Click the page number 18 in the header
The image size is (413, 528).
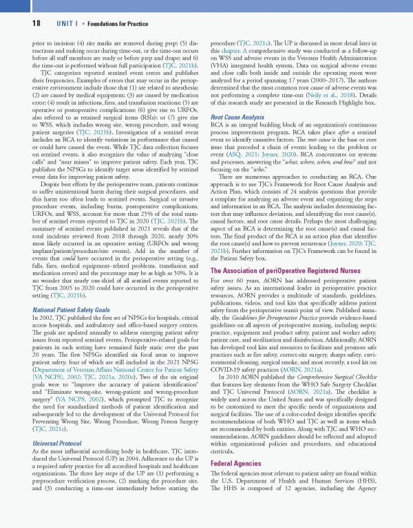(x=17, y=22)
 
